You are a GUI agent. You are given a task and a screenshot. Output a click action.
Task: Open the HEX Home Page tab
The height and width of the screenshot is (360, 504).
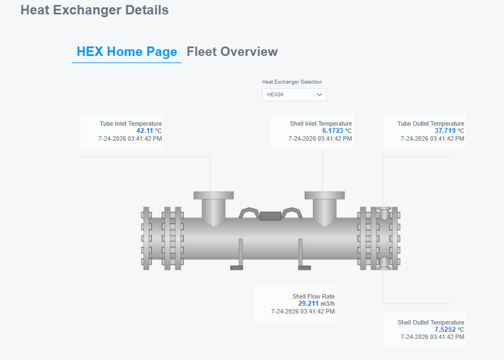tap(127, 52)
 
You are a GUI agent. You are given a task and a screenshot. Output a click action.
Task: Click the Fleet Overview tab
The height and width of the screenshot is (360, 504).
tap(232, 52)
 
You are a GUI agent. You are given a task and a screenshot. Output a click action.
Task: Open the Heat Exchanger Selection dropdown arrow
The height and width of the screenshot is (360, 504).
tap(319, 95)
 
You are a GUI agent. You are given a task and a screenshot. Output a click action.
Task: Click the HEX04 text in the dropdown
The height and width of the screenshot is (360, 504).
tap(275, 95)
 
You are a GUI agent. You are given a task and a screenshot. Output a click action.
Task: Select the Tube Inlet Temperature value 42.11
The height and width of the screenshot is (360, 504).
tap(145, 131)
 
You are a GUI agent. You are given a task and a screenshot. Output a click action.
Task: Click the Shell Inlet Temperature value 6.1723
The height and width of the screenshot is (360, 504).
tap(333, 131)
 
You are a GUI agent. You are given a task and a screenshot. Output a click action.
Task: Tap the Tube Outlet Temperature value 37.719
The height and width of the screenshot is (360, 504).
tap(445, 131)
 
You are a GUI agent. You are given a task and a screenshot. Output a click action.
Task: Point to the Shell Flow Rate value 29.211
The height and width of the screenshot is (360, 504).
tap(308, 304)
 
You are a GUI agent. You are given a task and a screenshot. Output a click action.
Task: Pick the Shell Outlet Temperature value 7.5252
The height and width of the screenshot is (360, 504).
tap(445, 330)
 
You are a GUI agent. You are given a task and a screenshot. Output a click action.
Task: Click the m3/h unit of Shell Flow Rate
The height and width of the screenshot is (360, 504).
tap(327, 304)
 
